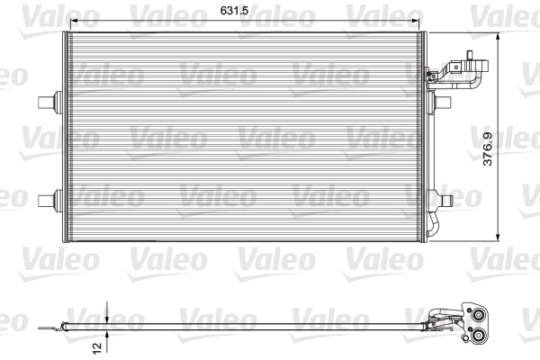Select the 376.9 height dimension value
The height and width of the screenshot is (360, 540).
coord(488,148)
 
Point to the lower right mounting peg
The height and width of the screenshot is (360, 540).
coord(444,196)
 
